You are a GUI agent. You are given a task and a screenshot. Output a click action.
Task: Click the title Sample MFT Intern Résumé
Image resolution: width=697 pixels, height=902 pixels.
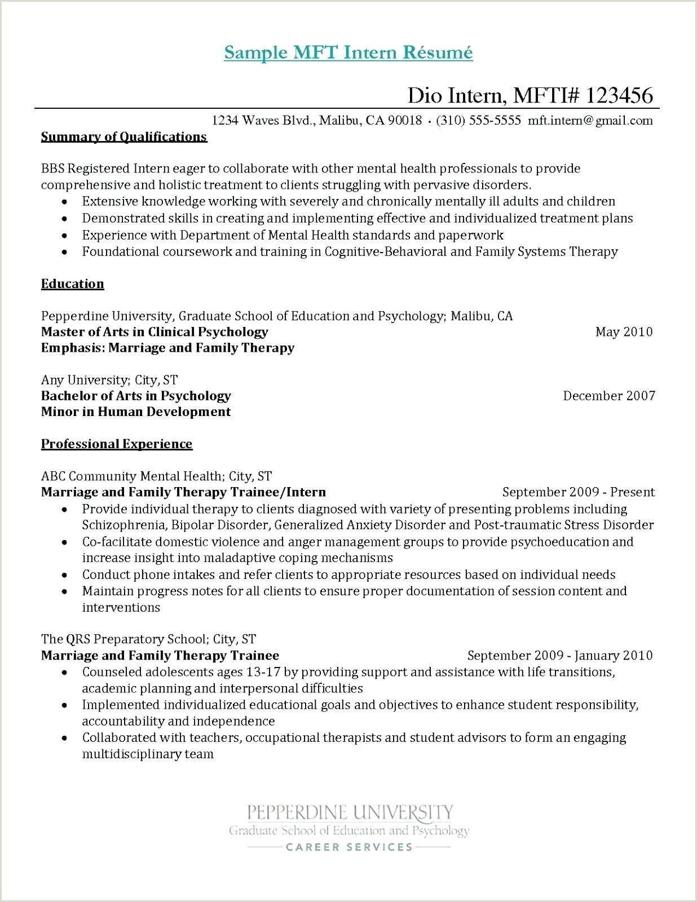point(348,52)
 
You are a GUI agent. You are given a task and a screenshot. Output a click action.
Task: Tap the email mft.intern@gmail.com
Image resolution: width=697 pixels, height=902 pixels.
point(590,120)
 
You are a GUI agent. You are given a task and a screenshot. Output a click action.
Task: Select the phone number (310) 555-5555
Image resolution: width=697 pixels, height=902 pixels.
point(478,120)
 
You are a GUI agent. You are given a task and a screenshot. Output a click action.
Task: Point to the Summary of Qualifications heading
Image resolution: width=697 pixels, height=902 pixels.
point(124,137)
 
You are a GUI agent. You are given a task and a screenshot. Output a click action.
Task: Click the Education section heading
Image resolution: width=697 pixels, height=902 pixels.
point(72,284)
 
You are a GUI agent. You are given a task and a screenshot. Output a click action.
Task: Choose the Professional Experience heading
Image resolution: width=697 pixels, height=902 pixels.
point(117,444)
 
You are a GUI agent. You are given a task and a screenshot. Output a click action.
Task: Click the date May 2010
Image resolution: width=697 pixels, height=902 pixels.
point(624,331)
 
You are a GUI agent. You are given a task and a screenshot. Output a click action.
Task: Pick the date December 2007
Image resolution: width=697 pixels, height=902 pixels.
point(609,396)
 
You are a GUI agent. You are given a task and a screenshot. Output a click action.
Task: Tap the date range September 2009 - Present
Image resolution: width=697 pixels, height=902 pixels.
point(579,492)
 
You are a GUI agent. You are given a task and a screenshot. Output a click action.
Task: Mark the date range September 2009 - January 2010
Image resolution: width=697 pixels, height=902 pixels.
point(560,655)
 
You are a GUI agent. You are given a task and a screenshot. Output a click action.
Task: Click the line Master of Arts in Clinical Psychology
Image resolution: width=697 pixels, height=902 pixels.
point(155,331)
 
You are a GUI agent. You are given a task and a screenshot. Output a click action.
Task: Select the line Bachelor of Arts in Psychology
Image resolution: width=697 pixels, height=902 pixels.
point(136,396)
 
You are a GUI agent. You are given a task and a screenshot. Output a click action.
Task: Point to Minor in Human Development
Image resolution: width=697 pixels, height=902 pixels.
point(136,412)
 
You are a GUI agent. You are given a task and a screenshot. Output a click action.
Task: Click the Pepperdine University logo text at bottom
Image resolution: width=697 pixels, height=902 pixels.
point(350,812)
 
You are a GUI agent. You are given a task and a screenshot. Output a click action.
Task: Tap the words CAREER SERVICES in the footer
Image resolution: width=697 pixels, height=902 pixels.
point(349,847)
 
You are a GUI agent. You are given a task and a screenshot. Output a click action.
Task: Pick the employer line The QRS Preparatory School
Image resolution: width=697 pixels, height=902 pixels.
point(148,639)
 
